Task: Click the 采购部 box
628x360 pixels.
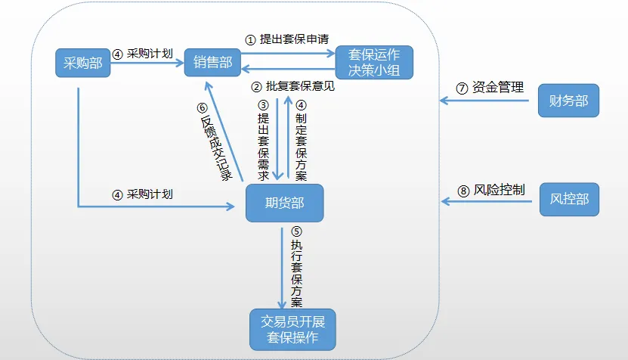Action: coord(83,63)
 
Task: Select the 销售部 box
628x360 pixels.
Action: coord(212,63)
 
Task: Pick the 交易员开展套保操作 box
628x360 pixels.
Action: coord(292,329)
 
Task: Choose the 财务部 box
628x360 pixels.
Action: coord(568,101)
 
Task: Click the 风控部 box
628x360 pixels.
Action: coord(568,200)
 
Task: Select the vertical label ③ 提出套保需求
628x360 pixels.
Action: coord(263,140)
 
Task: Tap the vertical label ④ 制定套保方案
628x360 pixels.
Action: coord(301,140)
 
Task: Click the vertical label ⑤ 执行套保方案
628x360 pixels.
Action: coord(296,268)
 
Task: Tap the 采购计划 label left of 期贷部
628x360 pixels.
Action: coord(144,194)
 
